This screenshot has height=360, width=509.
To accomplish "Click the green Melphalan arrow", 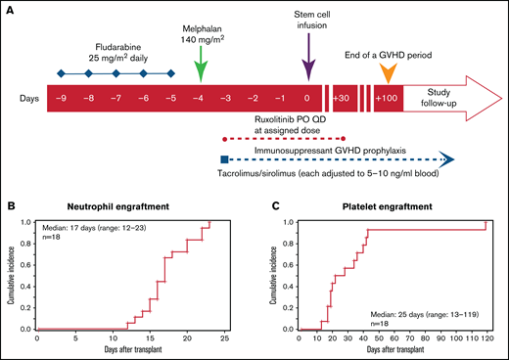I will (x=200, y=69).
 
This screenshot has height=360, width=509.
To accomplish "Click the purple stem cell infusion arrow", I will (x=308, y=66).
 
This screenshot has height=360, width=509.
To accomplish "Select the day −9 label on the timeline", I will (x=62, y=101).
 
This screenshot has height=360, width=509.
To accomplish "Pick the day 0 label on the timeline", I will (x=308, y=101).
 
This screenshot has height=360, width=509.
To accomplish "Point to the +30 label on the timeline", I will (x=341, y=101).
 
